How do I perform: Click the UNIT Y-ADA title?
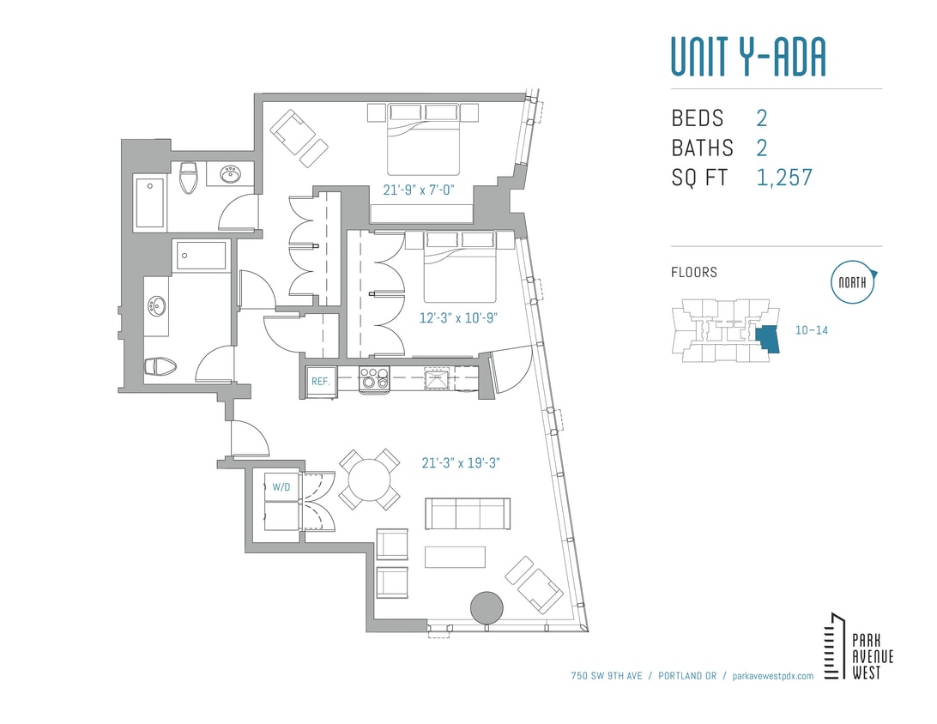[x=747, y=57]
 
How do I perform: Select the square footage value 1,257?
[x=784, y=178]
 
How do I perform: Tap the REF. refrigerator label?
[x=321, y=381]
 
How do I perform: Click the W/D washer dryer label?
[x=281, y=486]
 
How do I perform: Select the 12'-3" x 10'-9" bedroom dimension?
[x=459, y=317]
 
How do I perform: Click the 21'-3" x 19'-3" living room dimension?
[x=461, y=463]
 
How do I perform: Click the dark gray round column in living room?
[x=487, y=607]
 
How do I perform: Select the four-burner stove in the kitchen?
[x=374, y=378]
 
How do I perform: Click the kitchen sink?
[x=437, y=378]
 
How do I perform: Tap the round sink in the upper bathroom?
[x=230, y=174]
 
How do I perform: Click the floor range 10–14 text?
[x=810, y=329]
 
